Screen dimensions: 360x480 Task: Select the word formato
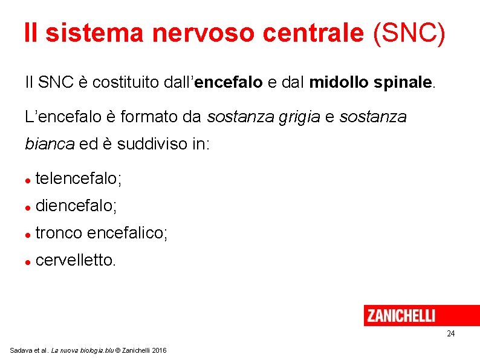coord(149,117)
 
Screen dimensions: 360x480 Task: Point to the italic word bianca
coord(49,145)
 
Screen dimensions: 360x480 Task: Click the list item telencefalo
coord(79,178)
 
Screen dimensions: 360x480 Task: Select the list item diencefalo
coord(76,206)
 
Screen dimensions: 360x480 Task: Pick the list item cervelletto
coord(75,260)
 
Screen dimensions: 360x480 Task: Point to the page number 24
coord(450,334)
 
